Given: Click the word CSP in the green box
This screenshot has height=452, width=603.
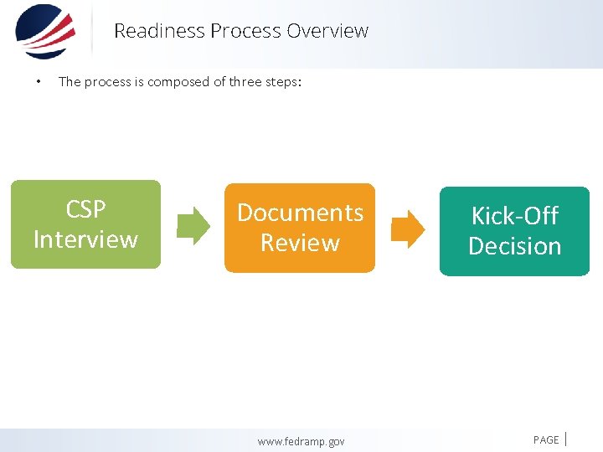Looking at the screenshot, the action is pos(85,208).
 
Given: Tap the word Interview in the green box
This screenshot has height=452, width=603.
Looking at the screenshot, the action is pos(85,239).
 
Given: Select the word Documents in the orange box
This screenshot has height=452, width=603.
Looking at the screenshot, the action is pos(300,213).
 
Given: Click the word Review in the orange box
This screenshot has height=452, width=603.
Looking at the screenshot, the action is pos(300,243).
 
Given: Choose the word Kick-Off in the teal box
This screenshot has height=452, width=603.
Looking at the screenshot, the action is pos(514,216).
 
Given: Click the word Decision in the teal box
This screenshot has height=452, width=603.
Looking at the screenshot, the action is pos(514,246).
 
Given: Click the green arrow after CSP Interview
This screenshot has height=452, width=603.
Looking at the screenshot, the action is pos(193,224).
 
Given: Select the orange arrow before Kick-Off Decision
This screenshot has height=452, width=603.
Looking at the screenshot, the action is pos(408,229).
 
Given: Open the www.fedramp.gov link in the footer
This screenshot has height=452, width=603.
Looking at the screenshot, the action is pos(301,441).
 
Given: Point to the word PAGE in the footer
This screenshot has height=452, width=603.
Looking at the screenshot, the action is pos(546,439).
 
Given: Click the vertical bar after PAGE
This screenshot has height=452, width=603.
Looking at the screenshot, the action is pos(568,438).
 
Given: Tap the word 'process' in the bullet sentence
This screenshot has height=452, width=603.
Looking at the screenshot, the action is pos(106,82).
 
